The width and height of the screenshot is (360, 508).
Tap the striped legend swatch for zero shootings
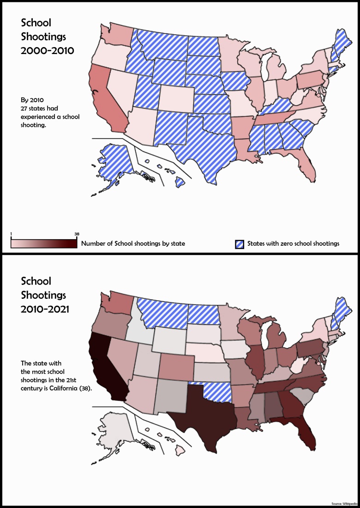pyautogui.click(x=240, y=243)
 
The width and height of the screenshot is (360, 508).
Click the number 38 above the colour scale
pyautogui.click(x=77, y=234)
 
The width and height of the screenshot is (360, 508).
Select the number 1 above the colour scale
pyautogui.click(x=12, y=234)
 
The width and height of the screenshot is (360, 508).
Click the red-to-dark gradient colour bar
pyautogui.click(x=44, y=243)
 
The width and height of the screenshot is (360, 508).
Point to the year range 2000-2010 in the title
pyautogui.click(x=47, y=51)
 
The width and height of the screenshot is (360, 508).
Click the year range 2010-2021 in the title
pyautogui.click(x=45, y=309)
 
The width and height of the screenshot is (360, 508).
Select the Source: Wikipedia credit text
pyautogui.click(x=345, y=503)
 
